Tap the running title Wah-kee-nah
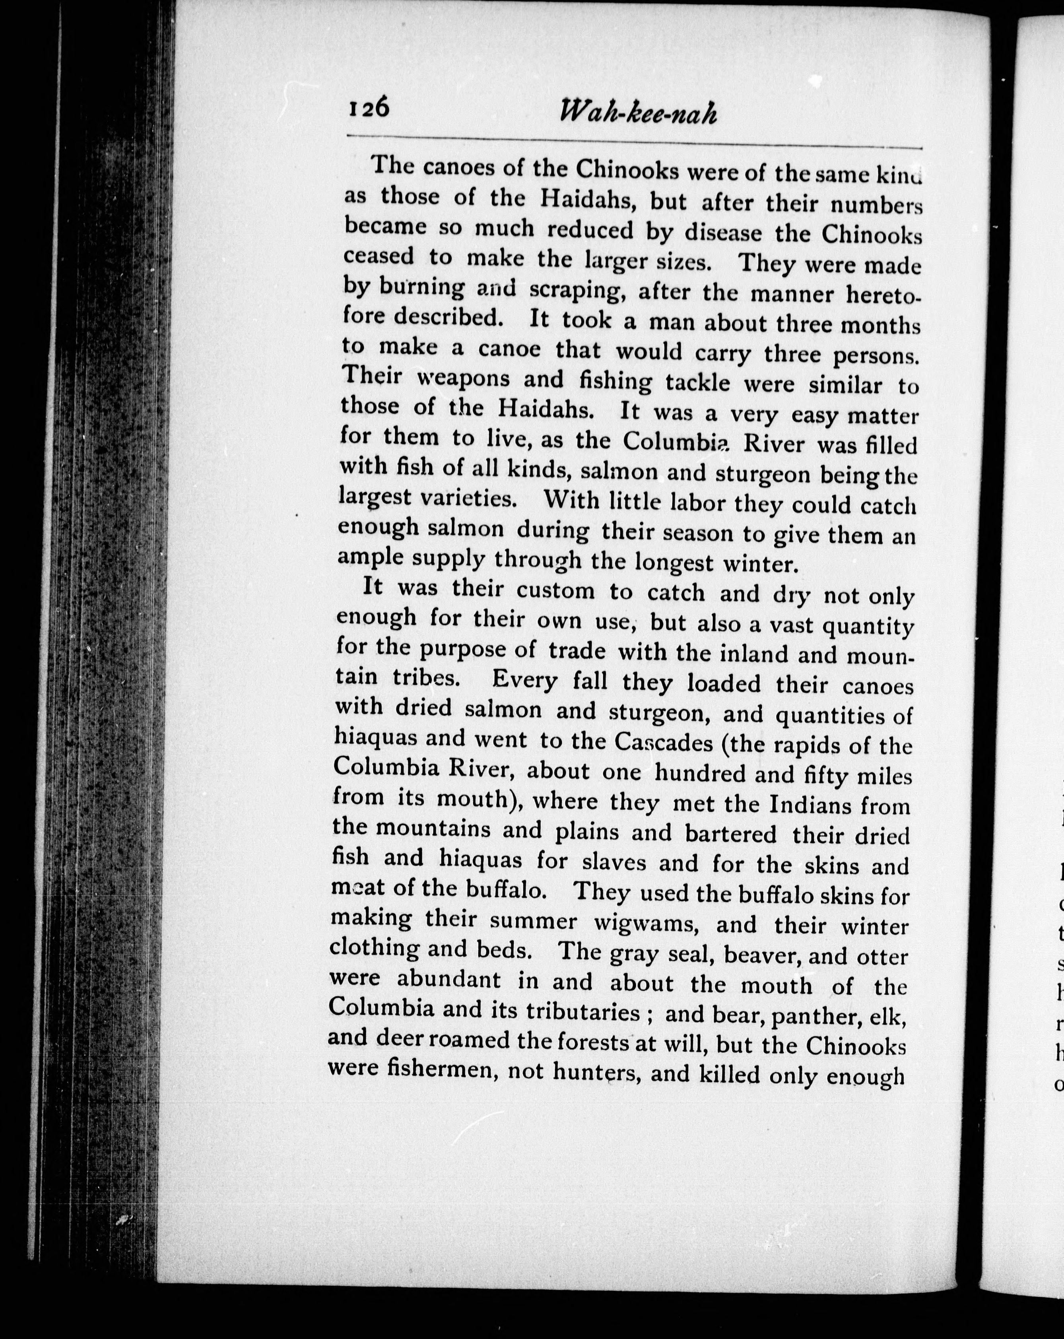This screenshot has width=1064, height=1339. pos(638,114)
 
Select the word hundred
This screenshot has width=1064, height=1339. pos(724,774)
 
